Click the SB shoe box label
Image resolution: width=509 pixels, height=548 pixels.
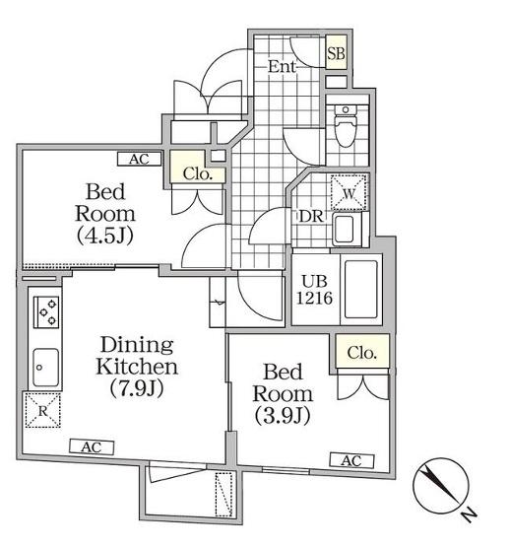(x=336, y=53)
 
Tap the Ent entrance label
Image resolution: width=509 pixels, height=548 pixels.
(x=283, y=66)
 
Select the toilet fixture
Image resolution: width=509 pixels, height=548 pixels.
(x=345, y=125)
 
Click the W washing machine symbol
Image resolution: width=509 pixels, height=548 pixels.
(x=349, y=192)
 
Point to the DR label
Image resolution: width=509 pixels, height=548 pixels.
(x=311, y=217)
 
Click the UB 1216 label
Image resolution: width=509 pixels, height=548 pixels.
(x=314, y=290)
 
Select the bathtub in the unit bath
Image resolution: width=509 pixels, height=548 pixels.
(x=361, y=289)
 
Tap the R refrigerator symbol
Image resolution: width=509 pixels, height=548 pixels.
(x=42, y=410)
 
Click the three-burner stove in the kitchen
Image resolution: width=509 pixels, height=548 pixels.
(x=46, y=312)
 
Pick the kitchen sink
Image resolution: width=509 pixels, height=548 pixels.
(x=45, y=367)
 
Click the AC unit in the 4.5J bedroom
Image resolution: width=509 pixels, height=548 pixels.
(x=139, y=159)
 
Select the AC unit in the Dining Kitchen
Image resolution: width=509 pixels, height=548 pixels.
(x=92, y=447)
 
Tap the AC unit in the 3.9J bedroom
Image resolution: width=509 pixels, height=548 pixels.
(x=351, y=460)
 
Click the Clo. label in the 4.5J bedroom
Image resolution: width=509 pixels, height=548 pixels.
(x=198, y=173)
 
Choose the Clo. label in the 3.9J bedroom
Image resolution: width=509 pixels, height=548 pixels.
(x=362, y=353)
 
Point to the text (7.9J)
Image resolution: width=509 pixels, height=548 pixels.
(x=137, y=388)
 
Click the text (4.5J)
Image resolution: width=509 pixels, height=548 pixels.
(x=104, y=236)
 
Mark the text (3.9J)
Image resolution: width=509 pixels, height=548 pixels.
(x=283, y=416)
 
